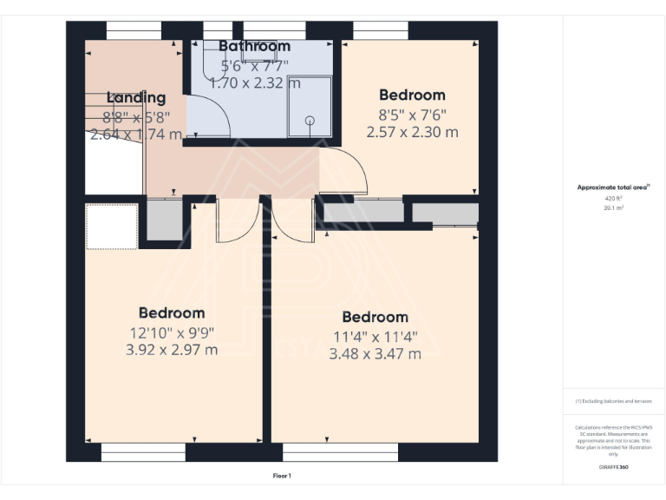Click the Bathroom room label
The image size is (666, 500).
pos(254,46)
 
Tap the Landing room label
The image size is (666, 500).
pos(136,98)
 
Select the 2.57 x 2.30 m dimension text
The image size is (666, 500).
pos(412,133)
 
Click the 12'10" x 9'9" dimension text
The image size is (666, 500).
pos(172,332)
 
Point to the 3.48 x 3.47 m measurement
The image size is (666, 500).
pos(375,354)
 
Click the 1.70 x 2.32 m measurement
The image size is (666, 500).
pos(255,84)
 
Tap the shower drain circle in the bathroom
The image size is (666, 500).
pos(309,121)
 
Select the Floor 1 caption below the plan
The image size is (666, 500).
pos(283,476)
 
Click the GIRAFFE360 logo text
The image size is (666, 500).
pos(613,468)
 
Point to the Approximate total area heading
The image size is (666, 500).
pos(613,187)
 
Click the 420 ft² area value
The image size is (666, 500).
pos(613,199)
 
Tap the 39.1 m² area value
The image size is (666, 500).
pos(613,208)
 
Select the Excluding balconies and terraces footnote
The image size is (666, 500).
pos(613,401)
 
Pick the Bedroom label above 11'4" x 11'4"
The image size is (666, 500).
pos(375,318)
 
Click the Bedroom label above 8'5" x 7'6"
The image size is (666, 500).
pos(412,95)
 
